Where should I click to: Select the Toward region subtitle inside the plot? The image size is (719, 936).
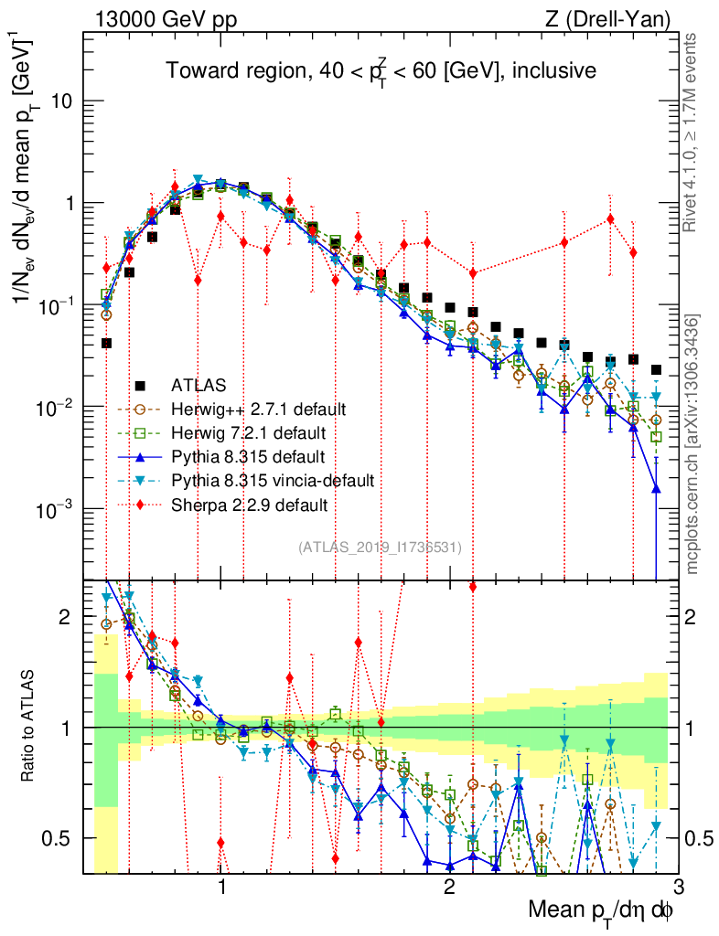tap(381, 69)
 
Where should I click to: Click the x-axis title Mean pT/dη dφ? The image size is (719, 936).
tap(603, 909)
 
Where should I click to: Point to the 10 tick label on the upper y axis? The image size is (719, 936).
tap(62, 101)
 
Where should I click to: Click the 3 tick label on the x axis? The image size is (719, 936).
tap(677, 888)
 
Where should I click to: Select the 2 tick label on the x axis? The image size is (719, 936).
tap(449, 888)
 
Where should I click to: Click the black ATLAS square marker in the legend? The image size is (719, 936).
tap(139, 384)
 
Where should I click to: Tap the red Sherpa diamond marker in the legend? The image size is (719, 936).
tap(139, 504)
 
